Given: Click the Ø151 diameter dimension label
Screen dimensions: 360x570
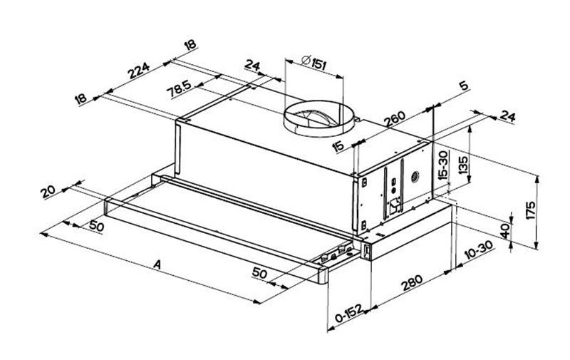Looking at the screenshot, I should click(313, 63).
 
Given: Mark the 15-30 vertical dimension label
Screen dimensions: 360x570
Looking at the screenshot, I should click(443, 166).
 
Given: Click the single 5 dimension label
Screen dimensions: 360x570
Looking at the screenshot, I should click(464, 86).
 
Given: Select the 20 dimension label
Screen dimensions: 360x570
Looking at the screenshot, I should click(49, 192).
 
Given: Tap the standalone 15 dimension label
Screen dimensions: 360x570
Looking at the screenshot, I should click(338, 147).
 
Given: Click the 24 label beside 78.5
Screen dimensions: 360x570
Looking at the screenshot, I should click(252, 68).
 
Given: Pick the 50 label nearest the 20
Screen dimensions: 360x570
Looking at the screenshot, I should click(97, 227).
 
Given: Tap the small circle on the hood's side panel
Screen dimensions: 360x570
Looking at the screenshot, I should click(413, 175).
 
